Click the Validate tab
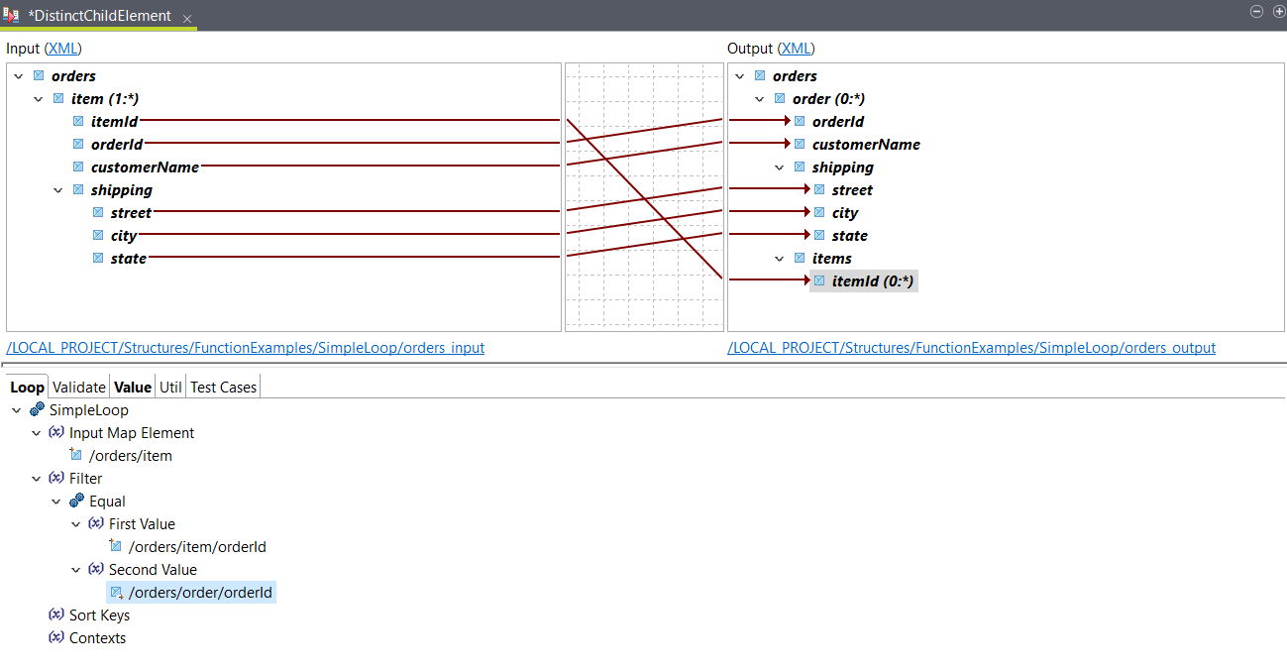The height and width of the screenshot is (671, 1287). (x=78, y=388)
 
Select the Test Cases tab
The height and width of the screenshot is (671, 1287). (x=223, y=388)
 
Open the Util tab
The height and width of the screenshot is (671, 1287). (x=170, y=388)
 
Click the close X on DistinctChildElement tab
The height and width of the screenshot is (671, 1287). (x=187, y=18)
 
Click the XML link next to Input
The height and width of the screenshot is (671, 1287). (x=63, y=49)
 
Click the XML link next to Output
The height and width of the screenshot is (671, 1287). (x=797, y=49)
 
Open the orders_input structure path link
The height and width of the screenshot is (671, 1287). (x=245, y=348)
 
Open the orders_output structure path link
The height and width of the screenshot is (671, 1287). (x=971, y=348)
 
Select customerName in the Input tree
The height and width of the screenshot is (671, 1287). (x=145, y=168)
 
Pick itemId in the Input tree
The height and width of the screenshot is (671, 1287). (x=114, y=122)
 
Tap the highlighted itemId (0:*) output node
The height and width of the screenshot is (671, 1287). (x=873, y=281)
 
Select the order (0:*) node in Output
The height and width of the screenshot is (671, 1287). (x=828, y=99)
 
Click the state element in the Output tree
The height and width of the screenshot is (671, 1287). (x=849, y=236)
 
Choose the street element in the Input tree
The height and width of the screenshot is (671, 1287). (x=131, y=213)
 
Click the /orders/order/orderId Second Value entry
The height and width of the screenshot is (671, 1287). (x=199, y=593)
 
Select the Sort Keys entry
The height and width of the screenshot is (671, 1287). (x=99, y=615)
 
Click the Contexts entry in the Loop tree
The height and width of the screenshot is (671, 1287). (x=97, y=638)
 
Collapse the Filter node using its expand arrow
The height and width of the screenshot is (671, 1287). (x=37, y=479)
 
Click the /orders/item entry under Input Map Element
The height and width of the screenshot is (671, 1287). (x=130, y=456)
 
